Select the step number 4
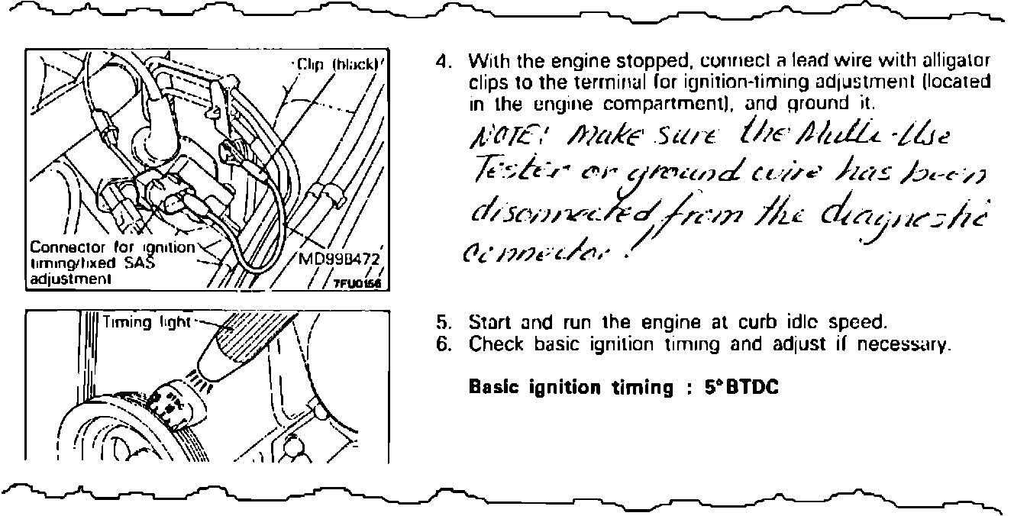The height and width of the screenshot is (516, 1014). pos(441,60)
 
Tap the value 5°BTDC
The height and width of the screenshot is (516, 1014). pos(742,388)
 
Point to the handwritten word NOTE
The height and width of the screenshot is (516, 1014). pos(496,140)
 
